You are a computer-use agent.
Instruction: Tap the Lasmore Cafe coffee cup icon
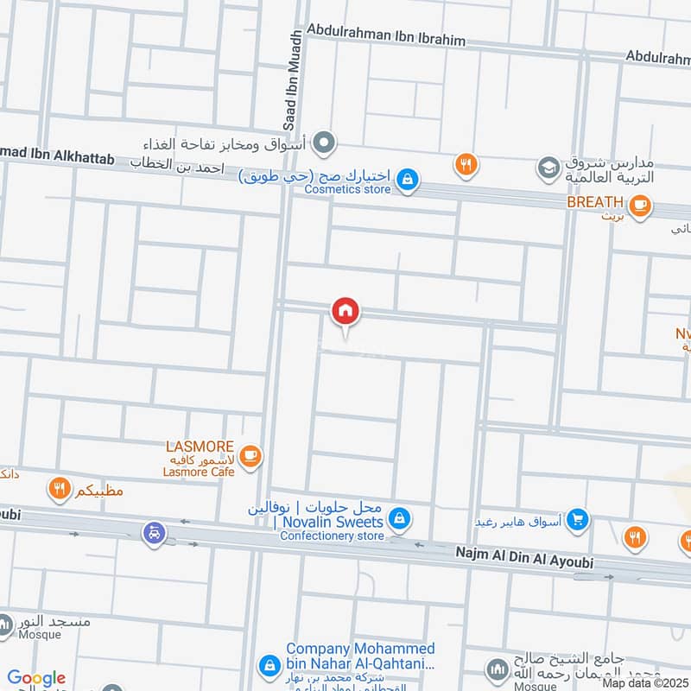click(x=250, y=456)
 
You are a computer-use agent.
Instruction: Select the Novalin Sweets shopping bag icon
click(x=398, y=518)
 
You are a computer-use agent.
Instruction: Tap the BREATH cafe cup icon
click(x=640, y=206)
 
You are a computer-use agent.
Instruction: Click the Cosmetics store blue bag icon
click(x=409, y=180)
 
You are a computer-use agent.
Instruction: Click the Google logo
click(x=35, y=678)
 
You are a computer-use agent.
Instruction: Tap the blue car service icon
click(x=154, y=532)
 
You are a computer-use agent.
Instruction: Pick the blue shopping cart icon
click(x=579, y=520)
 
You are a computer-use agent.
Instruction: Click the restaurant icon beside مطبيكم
click(x=60, y=491)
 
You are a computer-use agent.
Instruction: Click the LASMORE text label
click(x=200, y=447)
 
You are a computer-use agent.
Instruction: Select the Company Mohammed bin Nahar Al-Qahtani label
click(x=360, y=656)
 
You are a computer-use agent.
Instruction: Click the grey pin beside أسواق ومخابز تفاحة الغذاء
click(x=325, y=142)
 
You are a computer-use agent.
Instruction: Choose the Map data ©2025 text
click(x=645, y=682)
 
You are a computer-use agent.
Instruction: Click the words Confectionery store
click(x=332, y=536)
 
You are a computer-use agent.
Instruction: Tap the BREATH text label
click(x=595, y=202)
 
